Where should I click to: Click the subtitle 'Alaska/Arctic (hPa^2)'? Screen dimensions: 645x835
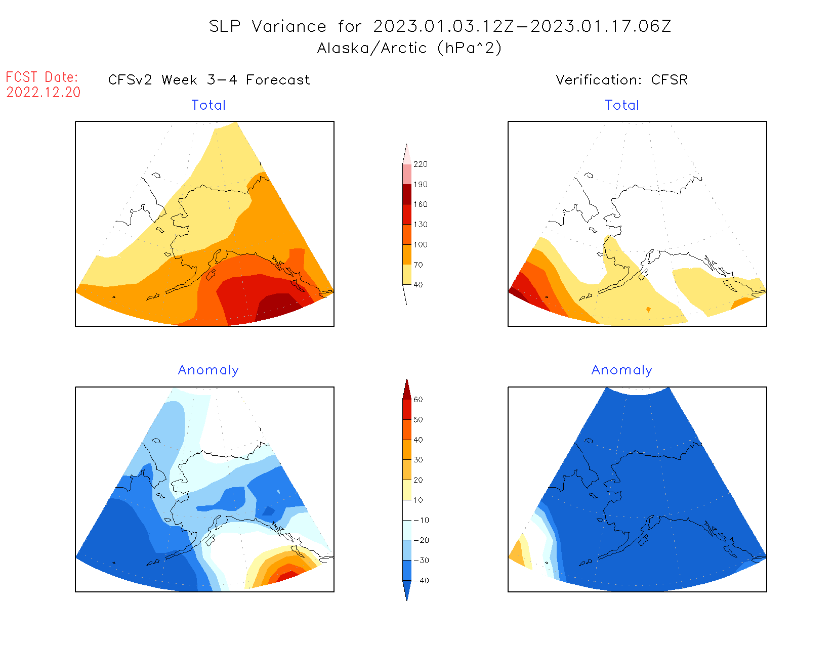[409, 48]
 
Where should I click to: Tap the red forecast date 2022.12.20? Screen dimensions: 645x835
[44, 93]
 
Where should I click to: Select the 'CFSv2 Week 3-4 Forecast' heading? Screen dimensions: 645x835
[209, 80]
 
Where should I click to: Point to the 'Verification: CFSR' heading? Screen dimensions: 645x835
[621, 80]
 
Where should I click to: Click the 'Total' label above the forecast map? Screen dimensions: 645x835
[208, 105]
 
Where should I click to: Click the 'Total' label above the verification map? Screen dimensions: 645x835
[622, 105]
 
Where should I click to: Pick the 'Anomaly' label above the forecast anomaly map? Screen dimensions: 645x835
[208, 370]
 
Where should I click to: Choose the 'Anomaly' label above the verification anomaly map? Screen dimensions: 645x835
[622, 370]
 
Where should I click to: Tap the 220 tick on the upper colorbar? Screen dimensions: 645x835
[420, 164]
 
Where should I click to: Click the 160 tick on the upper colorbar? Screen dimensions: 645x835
[420, 204]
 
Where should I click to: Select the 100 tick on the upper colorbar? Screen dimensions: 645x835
[420, 244]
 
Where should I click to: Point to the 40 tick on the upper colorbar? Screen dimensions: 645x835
[418, 285]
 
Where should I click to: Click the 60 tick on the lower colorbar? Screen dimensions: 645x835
[418, 400]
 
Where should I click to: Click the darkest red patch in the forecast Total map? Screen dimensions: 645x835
[279, 306]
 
